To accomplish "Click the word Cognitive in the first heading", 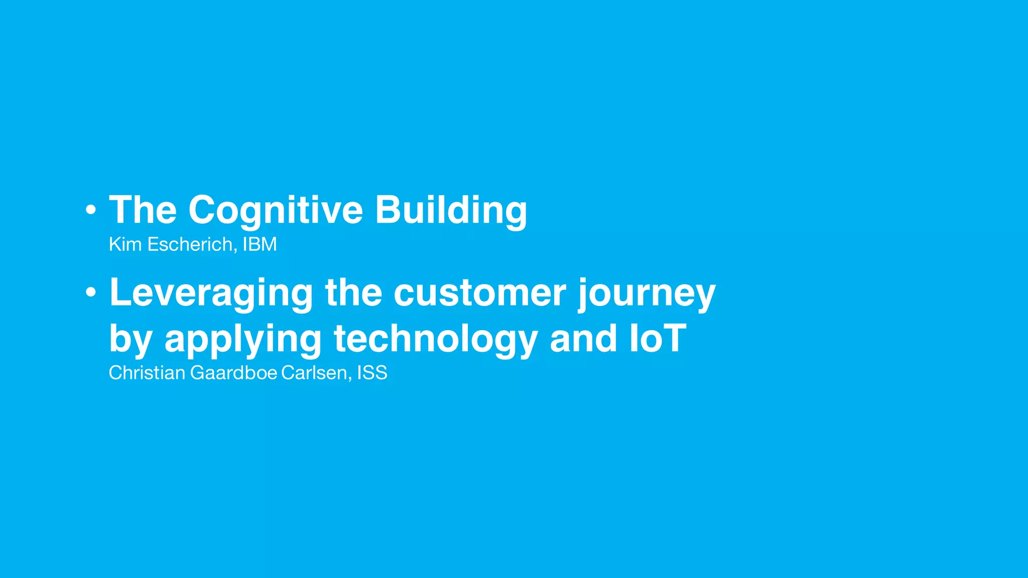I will point(275,210).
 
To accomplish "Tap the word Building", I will point(451,210).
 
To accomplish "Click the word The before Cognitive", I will point(143,210).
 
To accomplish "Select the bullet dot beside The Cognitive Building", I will point(90,210).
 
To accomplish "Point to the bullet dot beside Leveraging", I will point(90,292).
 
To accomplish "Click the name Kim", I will point(125,244).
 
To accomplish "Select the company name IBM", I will point(260,244).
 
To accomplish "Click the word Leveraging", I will point(211,293).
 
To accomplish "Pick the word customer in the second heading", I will point(479,293).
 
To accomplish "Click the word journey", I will point(647,293).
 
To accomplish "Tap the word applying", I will point(242,339).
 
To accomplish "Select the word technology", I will point(436,339).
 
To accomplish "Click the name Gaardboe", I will point(233,373).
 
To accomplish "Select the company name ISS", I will point(372,373).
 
